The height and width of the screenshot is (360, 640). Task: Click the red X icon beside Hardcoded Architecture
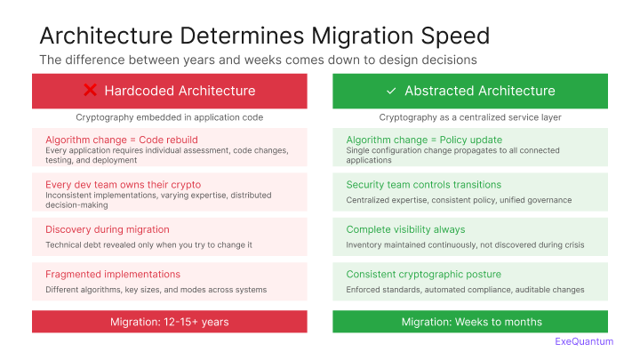click(x=90, y=91)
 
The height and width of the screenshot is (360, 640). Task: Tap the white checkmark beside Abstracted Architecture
click(x=391, y=91)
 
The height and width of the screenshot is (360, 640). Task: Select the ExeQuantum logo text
click(x=583, y=341)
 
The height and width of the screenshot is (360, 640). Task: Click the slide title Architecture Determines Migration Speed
click(x=265, y=36)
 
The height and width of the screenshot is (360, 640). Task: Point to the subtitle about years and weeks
click(x=258, y=60)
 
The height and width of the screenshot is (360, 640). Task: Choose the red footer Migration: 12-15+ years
click(x=169, y=322)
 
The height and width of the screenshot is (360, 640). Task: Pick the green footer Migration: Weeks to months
click(x=470, y=322)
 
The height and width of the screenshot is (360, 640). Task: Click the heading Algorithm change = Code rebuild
click(x=121, y=140)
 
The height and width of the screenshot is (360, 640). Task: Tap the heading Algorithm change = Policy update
click(x=424, y=140)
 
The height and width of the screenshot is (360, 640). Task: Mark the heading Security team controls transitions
click(x=423, y=184)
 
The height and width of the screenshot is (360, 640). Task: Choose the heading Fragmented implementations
click(x=113, y=274)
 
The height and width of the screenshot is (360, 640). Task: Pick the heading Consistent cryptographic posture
click(x=423, y=274)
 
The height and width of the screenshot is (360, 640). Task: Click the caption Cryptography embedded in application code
click(x=169, y=117)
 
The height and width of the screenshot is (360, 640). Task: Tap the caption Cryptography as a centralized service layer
click(x=470, y=117)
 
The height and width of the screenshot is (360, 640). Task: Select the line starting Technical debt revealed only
click(x=149, y=244)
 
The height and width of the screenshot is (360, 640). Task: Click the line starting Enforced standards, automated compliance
click(x=465, y=290)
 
